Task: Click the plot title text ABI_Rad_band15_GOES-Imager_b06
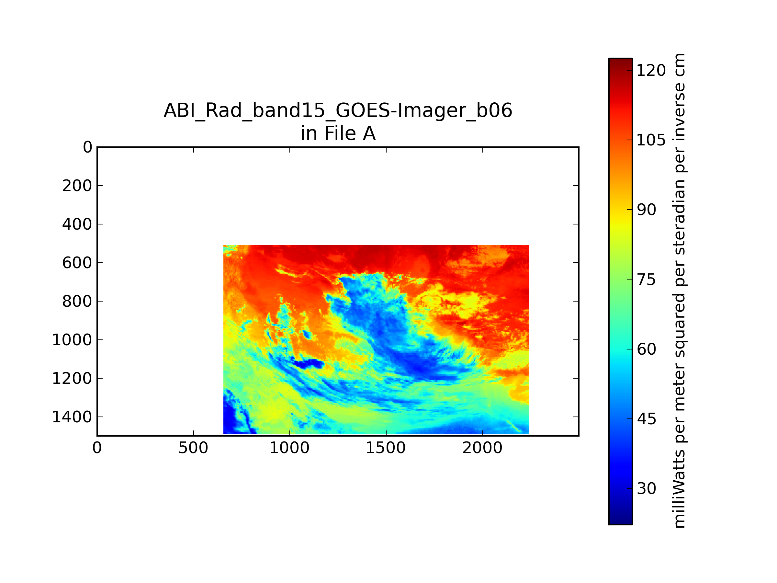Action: click(338, 111)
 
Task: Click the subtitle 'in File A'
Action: click(338, 133)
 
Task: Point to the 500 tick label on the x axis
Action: click(193, 448)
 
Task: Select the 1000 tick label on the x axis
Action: click(289, 448)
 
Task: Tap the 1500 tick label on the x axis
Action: click(386, 448)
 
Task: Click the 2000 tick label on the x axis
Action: click(482, 448)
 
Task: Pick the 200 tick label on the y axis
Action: click(77, 186)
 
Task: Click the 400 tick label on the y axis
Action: click(77, 224)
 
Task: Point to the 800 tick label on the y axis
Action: click(77, 301)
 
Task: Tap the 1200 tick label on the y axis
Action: click(72, 379)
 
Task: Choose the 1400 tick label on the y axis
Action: click(72, 417)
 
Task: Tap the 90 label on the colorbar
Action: click(646, 210)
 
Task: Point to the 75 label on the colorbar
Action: click(646, 280)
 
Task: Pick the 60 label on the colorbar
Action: click(646, 349)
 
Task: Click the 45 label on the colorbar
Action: click(646, 419)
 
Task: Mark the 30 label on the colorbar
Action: click(646, 488)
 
